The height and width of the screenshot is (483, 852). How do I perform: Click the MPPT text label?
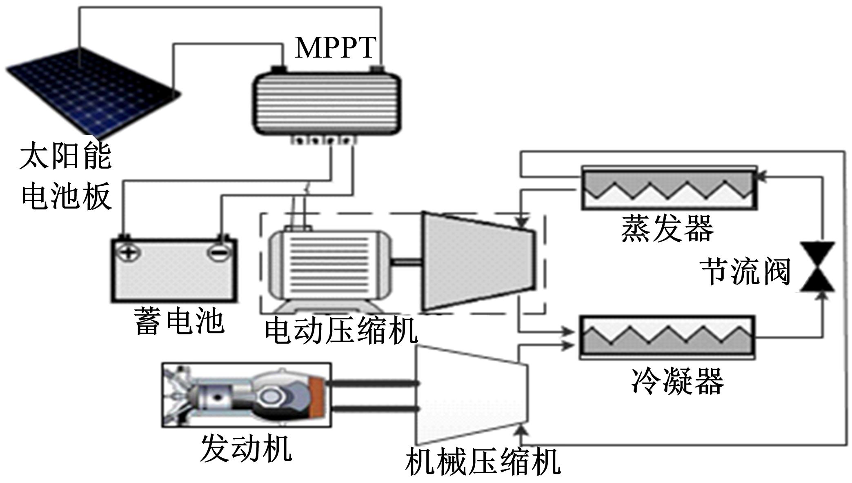(335, 48)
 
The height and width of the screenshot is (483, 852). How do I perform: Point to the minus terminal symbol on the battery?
(219, 252)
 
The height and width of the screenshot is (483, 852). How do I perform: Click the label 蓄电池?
(179, 322)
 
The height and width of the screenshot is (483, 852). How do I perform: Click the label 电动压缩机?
(341, 331)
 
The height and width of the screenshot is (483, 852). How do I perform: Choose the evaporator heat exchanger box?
(669, 188)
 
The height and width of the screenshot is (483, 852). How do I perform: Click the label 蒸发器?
(667, 229)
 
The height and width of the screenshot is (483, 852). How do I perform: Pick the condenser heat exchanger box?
(667, 337)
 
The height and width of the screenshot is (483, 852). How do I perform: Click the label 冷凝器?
(677, 381)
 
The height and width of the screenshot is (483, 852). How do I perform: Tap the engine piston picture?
(246, 395)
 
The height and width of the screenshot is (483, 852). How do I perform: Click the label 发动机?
(246, 448)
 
